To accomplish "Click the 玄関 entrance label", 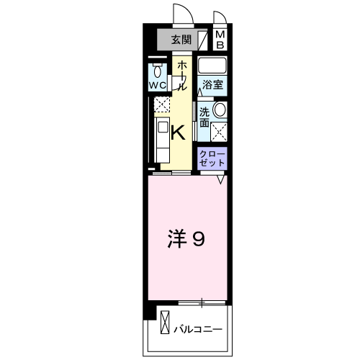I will (181, 39).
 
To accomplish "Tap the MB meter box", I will (220, 39).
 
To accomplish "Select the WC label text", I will (158, 84).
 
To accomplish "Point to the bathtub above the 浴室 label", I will (212, 67).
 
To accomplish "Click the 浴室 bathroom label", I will (212, 84).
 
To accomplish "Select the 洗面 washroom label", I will (204, 117).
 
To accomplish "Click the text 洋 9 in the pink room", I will (187, 238).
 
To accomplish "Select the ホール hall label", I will (182, 75).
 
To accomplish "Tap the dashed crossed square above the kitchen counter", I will (163, 106).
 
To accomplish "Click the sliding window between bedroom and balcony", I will (202, 300).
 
